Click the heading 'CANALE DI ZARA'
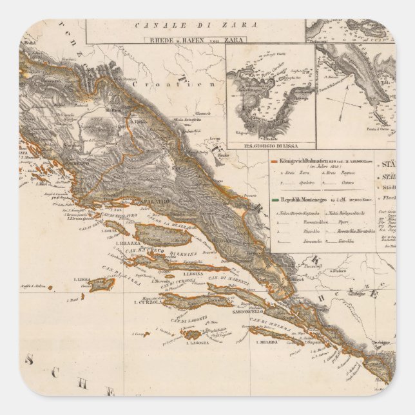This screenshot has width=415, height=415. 197,25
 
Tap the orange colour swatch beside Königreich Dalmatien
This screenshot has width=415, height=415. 275,160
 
